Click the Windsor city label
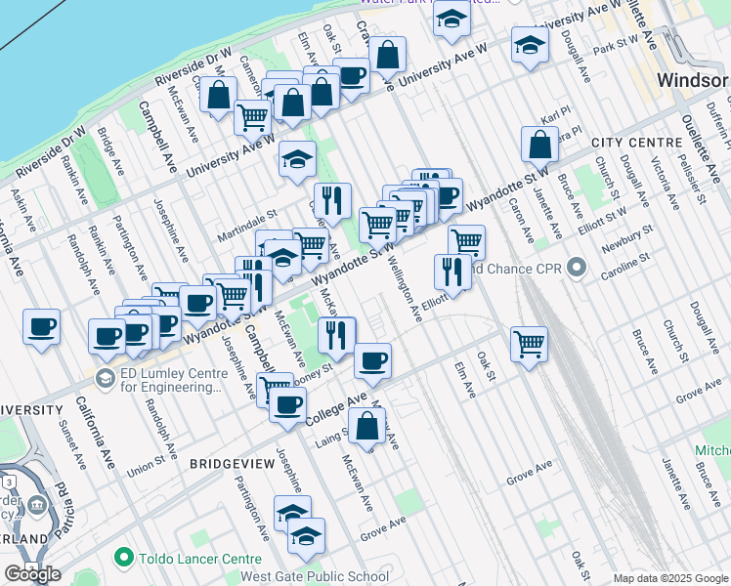693,80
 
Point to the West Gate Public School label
314,576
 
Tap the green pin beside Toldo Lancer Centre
123,558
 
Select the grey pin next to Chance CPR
577,266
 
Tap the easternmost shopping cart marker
529,344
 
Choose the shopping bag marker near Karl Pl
539,145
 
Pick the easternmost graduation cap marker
530,45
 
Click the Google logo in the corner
32,574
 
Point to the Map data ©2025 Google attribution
669,578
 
